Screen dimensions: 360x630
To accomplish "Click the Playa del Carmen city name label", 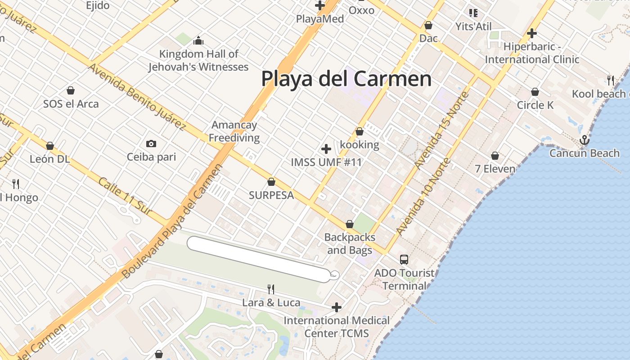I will point(346,79).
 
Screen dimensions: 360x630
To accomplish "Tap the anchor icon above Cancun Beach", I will point(584,140).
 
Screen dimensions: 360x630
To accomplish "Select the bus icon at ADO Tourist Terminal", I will point(404,259).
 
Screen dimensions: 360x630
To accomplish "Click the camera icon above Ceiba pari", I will point(151,144).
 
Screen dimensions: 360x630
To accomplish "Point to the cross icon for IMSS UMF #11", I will point(326,149).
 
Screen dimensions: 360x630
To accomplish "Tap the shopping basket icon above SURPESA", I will point(271,182).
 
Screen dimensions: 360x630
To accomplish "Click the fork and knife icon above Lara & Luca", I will point(271,289).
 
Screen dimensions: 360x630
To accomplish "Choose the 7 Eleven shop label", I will point(495,169).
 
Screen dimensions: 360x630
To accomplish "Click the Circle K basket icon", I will point(535,92).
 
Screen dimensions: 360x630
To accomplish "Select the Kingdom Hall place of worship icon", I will point(198,41).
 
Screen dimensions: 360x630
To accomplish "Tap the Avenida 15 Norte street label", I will point(442,130).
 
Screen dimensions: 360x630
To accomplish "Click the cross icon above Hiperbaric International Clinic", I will point(532,33).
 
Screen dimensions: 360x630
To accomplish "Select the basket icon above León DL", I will point(50,146).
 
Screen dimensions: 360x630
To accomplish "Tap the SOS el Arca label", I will point(71,104).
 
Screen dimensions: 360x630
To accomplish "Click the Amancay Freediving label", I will point(234,131).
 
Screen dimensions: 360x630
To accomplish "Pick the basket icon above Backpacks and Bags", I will point(350,224).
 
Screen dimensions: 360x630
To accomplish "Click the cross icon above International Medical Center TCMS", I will point(336,307).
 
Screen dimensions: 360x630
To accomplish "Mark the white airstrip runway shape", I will point(259,260).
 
